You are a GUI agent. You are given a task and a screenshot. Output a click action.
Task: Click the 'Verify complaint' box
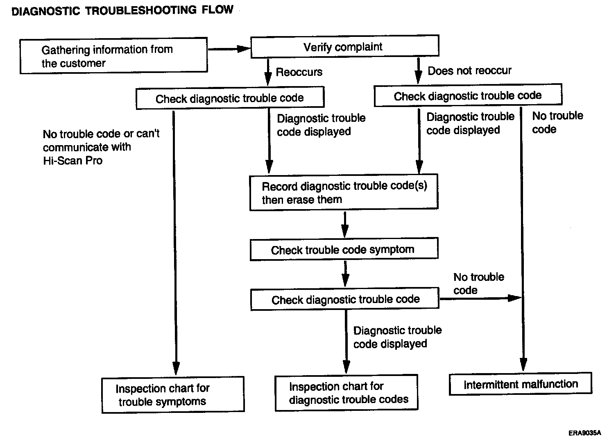[345, 46]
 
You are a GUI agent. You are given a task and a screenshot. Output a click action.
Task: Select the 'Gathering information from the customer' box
[113, 56]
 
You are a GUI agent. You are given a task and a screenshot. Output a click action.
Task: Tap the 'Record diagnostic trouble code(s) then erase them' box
[344, 192]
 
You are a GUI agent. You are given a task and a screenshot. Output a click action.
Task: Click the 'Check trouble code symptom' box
[344, 249]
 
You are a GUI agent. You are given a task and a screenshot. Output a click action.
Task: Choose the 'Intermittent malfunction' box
[521, 384]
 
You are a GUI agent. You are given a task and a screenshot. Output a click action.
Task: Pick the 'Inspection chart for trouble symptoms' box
[173, 395]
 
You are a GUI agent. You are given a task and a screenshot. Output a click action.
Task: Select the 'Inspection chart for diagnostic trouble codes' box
[346, 393]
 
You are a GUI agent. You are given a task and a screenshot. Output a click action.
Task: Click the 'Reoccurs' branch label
[299, 72]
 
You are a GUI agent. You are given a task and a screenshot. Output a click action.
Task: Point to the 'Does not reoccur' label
[469, 71]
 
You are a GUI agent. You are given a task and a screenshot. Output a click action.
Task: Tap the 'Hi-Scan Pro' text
[72, 160]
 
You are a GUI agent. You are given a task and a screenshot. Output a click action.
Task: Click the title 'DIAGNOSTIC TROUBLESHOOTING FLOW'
[122, 11]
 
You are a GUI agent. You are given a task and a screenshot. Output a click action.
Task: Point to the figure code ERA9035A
[584, 433]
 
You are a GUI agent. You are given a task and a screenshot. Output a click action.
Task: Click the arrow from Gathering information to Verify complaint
[229, 49]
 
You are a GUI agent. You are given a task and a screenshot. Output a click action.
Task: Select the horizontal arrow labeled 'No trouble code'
[480, 298]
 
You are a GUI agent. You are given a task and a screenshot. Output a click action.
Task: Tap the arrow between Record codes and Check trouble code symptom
[345, 224]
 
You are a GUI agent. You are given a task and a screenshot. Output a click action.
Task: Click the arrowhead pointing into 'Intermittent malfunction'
[523, 365]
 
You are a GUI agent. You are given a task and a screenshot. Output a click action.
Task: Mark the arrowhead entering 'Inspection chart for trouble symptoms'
[176, 369]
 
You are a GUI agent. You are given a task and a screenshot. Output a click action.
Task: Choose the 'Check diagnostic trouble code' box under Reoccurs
[230, 98]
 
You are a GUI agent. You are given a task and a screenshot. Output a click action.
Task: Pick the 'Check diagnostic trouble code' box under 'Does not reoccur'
[468, 95]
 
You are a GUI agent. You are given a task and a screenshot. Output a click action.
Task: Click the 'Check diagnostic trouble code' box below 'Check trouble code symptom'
[345, 299]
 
